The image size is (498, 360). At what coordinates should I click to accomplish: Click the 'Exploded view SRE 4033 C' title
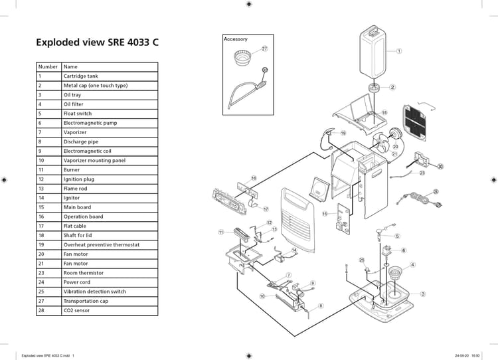coord(97,43)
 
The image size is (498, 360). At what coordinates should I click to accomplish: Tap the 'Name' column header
coord(70,66)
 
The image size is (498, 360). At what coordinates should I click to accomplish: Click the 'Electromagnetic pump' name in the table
coord(90,123)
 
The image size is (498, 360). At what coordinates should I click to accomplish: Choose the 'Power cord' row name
coord(77,282)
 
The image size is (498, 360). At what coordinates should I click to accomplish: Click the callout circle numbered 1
coord(399,50)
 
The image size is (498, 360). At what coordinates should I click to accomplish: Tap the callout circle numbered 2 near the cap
coord(392,87)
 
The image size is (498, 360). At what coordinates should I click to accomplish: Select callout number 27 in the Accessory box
coord(264,49)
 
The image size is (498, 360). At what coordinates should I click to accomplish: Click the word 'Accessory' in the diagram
coord(236,39)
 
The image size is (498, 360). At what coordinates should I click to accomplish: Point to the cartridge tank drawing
coord(373,53)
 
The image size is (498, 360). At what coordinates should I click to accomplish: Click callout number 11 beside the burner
coord(220,232)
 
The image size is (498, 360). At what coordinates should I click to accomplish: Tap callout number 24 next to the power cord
coord(436,191)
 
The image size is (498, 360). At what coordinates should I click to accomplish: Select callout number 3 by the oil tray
coord(423,294)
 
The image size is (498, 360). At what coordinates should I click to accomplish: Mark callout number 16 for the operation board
coord(254,178)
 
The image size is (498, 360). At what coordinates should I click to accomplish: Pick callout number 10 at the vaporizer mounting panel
coord(262,296)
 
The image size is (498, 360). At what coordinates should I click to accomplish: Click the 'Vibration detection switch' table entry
coord(94,292)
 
